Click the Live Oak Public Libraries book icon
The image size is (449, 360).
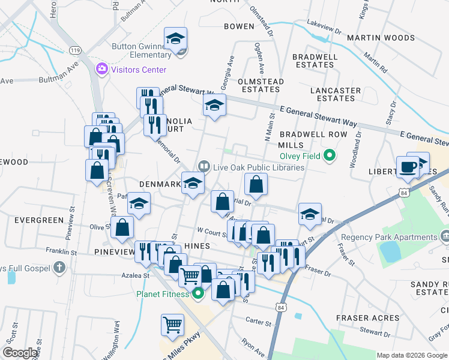(204, 167)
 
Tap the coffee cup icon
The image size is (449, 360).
(408, 167)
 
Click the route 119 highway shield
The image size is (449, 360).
(75, 50)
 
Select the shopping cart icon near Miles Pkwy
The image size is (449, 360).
(172, 325)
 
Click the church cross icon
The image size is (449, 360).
(59, 266)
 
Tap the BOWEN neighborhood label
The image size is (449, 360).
(239, 26)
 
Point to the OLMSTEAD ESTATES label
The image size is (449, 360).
(259, 85)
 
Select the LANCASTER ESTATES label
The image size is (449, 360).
(335, 94)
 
